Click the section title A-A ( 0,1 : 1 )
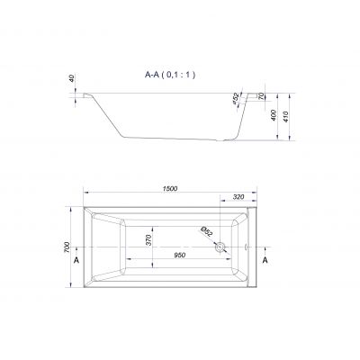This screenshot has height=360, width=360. [170, 75]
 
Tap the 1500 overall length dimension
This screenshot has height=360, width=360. [170, 189]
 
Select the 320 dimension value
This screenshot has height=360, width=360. [238, 197]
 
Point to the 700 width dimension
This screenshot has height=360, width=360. [67, 247]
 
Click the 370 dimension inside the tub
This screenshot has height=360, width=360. [148, 240]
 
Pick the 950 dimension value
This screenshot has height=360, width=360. [180, 255]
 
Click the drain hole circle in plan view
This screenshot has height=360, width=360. [220, 247]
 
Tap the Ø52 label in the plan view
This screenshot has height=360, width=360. [207, 232]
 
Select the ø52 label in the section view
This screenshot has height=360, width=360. [236, 98]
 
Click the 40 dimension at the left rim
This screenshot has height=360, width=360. [72, 79]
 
